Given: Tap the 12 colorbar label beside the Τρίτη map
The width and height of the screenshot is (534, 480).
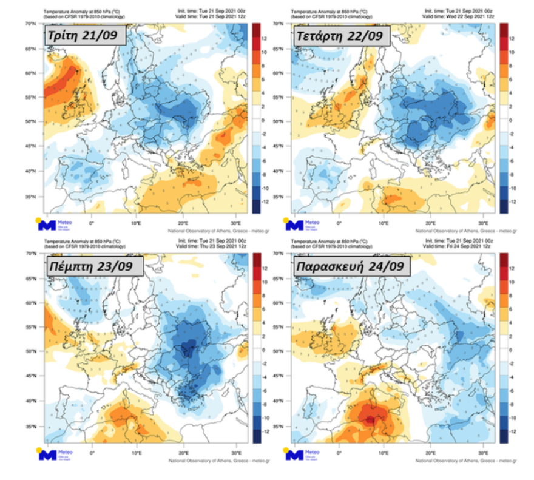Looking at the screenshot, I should (265, 38).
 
